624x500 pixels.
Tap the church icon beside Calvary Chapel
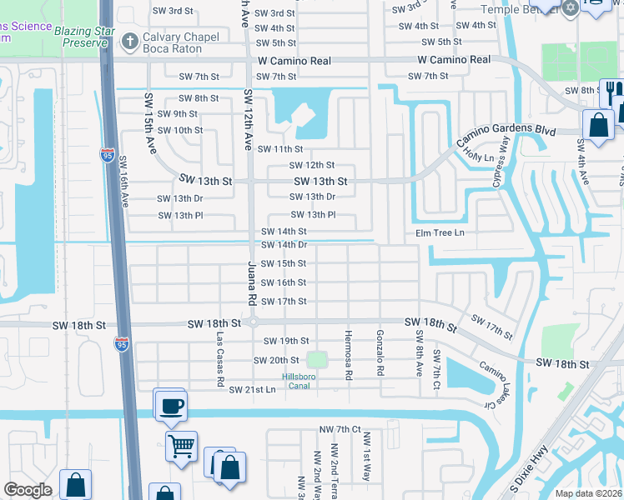(129, 41)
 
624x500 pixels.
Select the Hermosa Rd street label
(346, 354)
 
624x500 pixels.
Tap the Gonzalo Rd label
(380, 351)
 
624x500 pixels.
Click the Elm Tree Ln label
(440, 232)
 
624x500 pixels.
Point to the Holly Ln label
(479, 156)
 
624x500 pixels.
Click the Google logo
(28, 490)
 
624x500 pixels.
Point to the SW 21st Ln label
(252, 389)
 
